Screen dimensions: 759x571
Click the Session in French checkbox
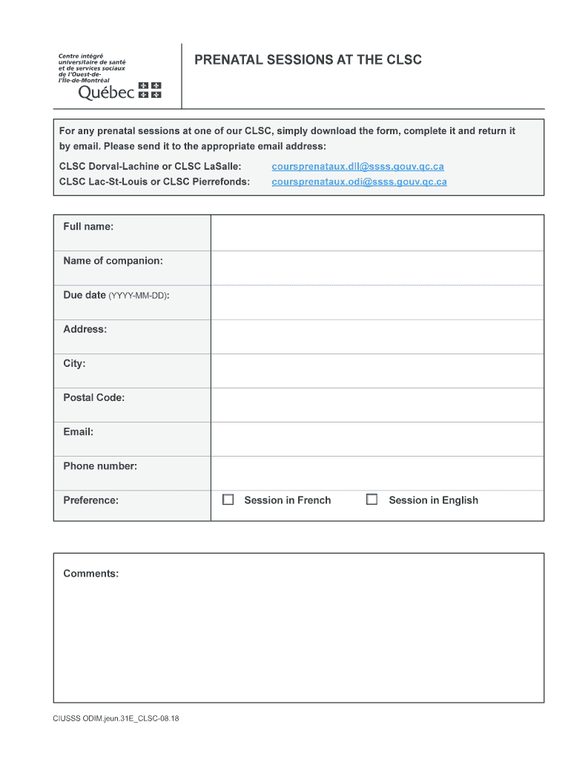(x=228, y=500)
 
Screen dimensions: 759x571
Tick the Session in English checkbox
(x=372, y=500)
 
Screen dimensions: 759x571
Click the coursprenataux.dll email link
(x=357, y=167)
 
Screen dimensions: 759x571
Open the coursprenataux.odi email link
(x=359, y=182)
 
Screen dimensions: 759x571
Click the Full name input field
(x=377, y=233)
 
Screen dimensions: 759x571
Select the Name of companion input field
(x=377, y=268)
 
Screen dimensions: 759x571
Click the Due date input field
(x=377, y=302)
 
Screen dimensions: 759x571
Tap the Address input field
(x=377, y=337)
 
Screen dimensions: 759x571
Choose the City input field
(x=377, y=371)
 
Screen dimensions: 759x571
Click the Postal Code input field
(x=377, y=405)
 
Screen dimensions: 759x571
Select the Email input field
(x=377, y=439)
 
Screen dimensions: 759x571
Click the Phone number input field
(x=377, y=473)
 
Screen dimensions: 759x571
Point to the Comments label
(x=90, y=574)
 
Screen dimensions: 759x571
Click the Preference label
(x=90, y=500)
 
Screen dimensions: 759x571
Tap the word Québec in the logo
(x=107, y=93)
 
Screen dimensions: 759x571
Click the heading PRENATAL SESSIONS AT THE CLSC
(x=308, y=60)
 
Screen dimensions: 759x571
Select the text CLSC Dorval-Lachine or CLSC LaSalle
(x=150, y=167)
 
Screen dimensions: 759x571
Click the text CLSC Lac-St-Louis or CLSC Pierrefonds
(x=154, y=182)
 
